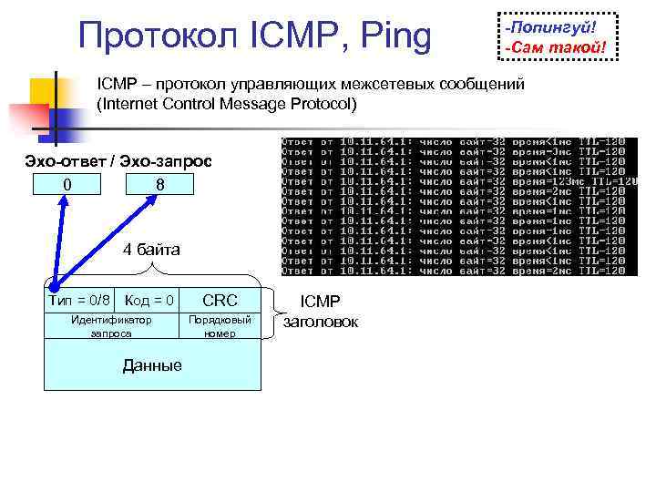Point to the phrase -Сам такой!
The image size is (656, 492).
(x=556, y=46)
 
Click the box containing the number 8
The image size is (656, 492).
(x=159, y=185)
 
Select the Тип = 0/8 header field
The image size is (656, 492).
(x=79, y=300)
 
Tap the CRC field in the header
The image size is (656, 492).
(x=220, y=300)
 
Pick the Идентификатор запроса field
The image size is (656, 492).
(x=111, y=327)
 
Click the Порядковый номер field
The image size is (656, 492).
(x=220, y=327)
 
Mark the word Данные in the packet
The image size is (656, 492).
(x=152, y=365)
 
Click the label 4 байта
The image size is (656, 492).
(x=152, y=250)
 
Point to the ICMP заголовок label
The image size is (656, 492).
(x=321, y=311)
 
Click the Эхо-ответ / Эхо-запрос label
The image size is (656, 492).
(x=118, y=161)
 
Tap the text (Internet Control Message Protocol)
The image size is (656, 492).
(x=228, y=104)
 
